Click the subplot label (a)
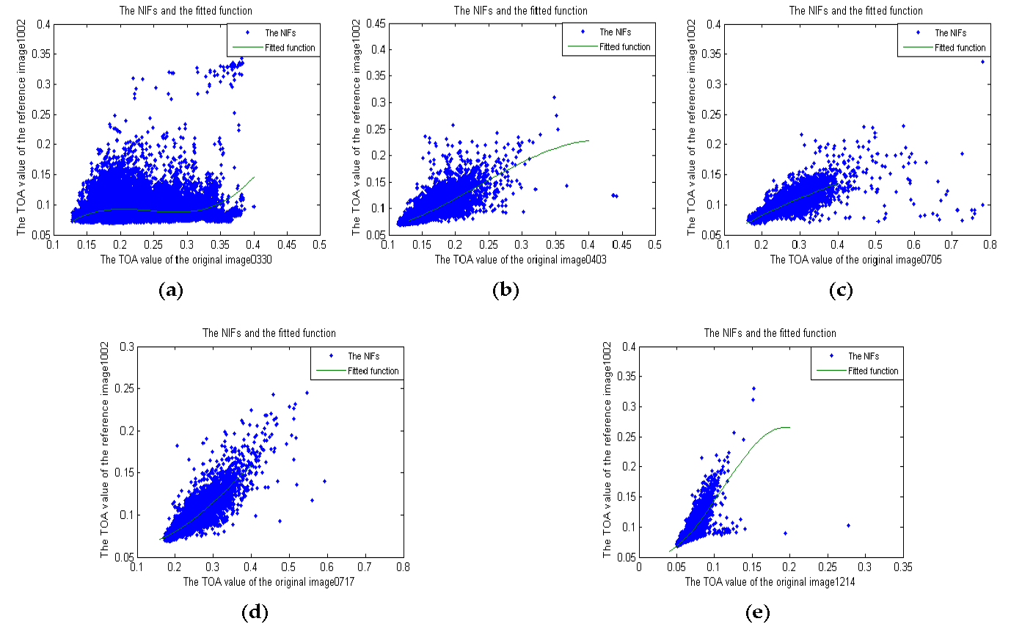171,291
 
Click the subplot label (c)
840,291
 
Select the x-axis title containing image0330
186,259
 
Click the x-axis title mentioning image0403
521,259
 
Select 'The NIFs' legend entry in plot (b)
615,32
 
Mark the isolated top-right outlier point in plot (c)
982,62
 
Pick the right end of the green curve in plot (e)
789,427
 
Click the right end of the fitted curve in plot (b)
588,140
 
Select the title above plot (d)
269,333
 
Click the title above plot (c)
855,10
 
